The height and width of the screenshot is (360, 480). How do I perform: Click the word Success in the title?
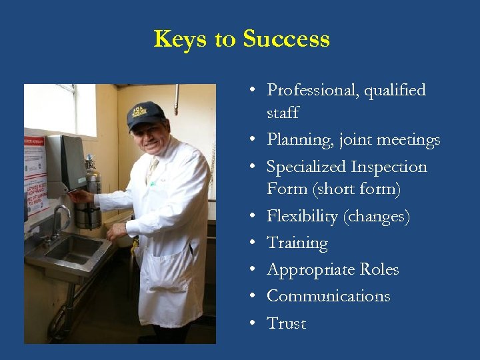pos(286,39)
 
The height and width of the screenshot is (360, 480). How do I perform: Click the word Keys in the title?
pos(180,39)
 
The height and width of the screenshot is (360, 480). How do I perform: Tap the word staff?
pos(283,113)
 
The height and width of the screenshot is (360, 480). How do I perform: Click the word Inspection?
pos(389,167)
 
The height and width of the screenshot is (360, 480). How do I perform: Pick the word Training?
pos(297,243)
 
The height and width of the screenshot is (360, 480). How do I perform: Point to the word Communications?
pos(328,296)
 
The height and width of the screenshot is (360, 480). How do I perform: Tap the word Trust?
pos(286,323)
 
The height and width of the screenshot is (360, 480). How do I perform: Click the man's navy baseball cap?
pos(145,115)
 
